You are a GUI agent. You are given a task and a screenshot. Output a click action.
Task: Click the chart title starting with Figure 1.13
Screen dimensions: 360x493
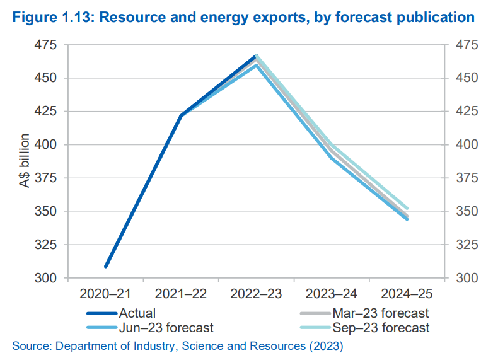click(x=243, y=17)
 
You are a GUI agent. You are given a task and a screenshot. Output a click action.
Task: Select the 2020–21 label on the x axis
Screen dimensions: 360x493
click(x=105, y=294)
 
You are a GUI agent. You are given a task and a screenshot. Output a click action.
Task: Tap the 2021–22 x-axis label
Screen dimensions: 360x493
click(x=181, y=294)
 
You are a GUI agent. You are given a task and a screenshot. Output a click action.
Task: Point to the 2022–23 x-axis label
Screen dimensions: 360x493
click(x=256, y=294)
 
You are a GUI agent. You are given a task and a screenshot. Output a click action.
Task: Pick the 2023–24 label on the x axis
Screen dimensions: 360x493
click(x=332, y=294)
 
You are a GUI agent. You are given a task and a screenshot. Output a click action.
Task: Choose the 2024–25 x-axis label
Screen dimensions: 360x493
click(x=407, y=294)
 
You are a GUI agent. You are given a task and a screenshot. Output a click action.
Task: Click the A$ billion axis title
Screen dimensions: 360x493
click(x=25, y=161)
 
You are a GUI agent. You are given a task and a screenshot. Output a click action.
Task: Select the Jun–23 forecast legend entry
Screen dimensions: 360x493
click(x=166, y=328)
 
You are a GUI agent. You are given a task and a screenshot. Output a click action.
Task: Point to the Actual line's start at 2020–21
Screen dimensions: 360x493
click(x=106, y=266)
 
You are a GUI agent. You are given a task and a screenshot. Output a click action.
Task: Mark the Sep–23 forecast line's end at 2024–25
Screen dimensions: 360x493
click(x=407, y=208)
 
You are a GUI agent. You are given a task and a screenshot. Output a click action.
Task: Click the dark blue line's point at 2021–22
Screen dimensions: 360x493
click(x=181, y=115)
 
